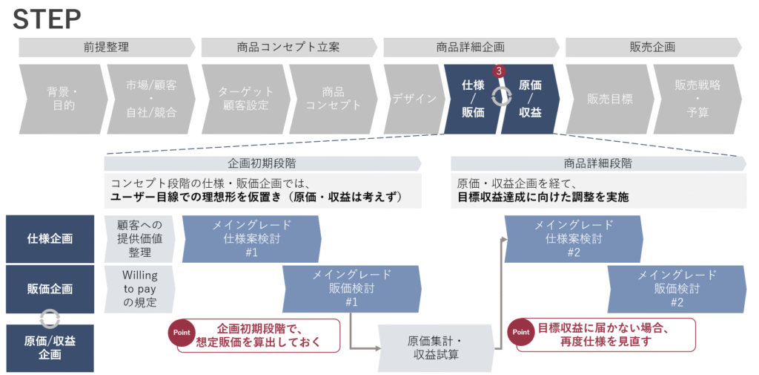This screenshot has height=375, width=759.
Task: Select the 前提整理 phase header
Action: tap(106, 48)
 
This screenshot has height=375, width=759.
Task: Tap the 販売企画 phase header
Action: tap(652, 48)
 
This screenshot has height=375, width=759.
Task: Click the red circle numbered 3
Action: tap(500, 71)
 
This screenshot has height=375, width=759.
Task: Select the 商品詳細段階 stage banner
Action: tap(597, 163)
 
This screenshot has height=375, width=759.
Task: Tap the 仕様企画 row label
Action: tap(50, 239)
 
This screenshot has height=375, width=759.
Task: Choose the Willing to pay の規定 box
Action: tap(139, 289)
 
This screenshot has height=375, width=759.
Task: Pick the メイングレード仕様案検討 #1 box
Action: tap(251, 239)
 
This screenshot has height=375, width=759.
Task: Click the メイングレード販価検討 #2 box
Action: tap(676, 289)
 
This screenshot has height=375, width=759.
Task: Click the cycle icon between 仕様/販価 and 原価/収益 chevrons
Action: tap(502, 97)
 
